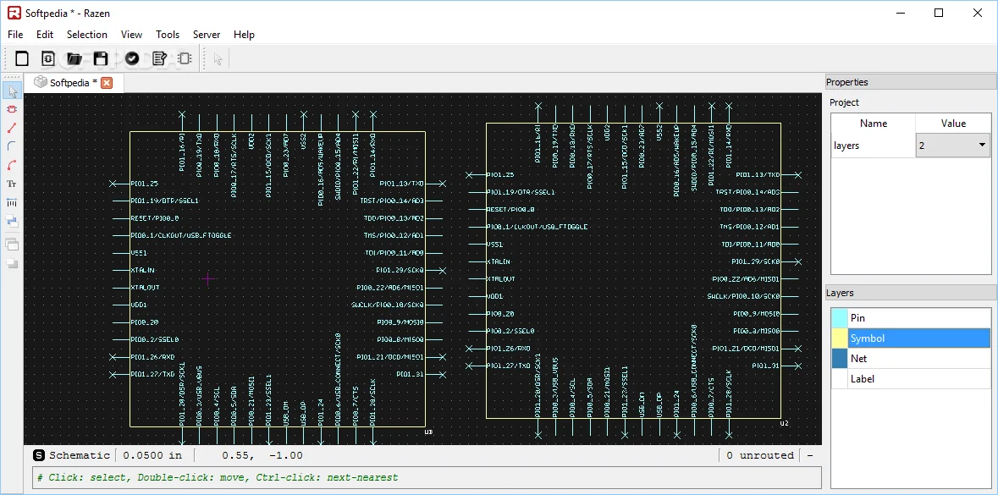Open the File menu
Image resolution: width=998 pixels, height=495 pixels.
(15, 35)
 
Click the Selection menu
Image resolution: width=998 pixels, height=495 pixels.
(87, 35)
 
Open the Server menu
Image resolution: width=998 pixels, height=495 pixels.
(207, 35)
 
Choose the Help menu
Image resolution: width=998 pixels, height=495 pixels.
(244, 35)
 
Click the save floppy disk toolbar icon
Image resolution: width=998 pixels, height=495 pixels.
(101, 58)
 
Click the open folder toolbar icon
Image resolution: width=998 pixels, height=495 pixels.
(74, 58)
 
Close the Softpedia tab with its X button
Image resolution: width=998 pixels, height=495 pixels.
(108, 83)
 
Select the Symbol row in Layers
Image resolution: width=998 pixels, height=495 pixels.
(918, 338)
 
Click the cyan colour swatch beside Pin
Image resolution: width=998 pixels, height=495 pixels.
(839, 318)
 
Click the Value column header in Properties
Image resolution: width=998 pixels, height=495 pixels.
(953, 124)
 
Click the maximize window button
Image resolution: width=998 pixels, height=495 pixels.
(939, 13)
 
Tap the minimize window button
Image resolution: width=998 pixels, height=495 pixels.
(900, 13)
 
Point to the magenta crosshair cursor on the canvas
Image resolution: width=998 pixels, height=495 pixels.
(208, 278)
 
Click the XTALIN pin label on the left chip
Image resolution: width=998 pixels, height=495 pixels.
(142, 270)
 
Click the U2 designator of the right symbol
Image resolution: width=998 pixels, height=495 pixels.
(784, 423)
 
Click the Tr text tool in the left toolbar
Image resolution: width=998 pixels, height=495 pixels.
(12, 184)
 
